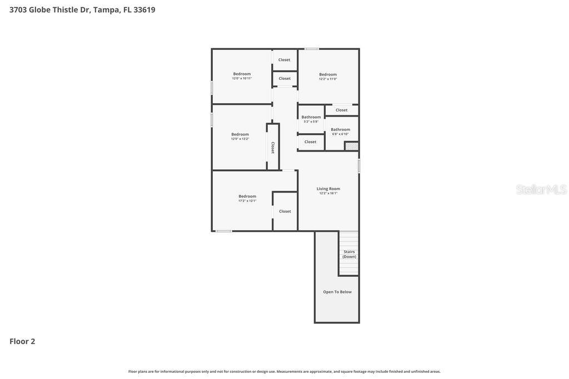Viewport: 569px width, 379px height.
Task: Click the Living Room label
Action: pyautogui.click(x=328, y=189)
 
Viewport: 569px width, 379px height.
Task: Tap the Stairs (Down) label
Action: pyautogui.click(x=349, y=254)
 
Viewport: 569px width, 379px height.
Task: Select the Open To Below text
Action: pyautogui.click(x=337, y=292)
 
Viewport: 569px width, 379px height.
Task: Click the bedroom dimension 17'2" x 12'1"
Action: pyautogui.click(x=247, y=201)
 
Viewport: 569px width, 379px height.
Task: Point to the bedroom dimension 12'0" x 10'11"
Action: pyautogui.click(x=242, y=78)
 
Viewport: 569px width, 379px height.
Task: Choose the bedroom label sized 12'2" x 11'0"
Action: pyautogui.click(x=328, y=74)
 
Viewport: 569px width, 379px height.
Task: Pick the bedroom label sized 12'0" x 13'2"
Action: pyautogui.click(x=240, y=134)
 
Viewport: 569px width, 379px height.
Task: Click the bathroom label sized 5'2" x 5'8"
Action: pyautogui.click(x=311, y=117)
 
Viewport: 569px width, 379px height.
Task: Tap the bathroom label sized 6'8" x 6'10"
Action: pyautogui.click(x=341, y=129)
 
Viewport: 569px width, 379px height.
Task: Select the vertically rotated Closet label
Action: pyautogui.click(x=273, y=148)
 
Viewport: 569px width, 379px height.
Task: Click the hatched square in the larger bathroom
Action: pyautogui.click(x=352, y=146)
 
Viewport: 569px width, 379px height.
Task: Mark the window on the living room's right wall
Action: pyautogui.click(x=359, y=166)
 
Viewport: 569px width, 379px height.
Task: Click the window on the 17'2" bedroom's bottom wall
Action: pyautogui.click(x=224, y=231)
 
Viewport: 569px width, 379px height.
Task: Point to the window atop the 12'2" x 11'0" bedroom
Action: pyautogui.click(x=312, y=49)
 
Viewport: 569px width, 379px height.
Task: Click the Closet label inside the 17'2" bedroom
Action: pyautogui.click(x=285, y=211)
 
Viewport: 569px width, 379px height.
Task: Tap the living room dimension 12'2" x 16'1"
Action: pyautogui.click(x=328, y=194)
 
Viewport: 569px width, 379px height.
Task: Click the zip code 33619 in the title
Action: pyautogui.click(x=144, y=9)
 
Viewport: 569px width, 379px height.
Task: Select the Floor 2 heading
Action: pyautogui.click(x=22, y=341)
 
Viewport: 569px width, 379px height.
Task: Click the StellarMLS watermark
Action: pyautogui.click(x=541, y=190)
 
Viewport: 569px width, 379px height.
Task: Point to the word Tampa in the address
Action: pyautogui.click(x=107, y=9)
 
